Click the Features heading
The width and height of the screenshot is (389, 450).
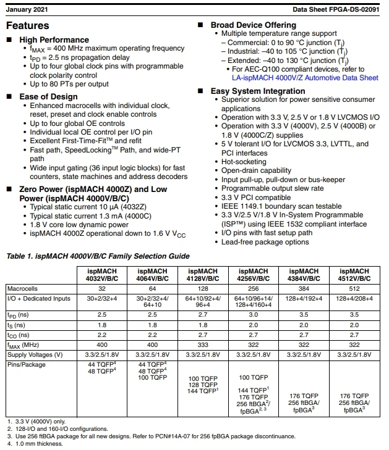click(27, 25)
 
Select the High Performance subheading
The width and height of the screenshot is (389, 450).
click(54, 40)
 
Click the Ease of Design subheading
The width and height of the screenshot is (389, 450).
click(49, 96)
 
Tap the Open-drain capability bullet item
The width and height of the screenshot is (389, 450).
click(256, 170)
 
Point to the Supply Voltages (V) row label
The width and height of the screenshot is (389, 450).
click(35, 354)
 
